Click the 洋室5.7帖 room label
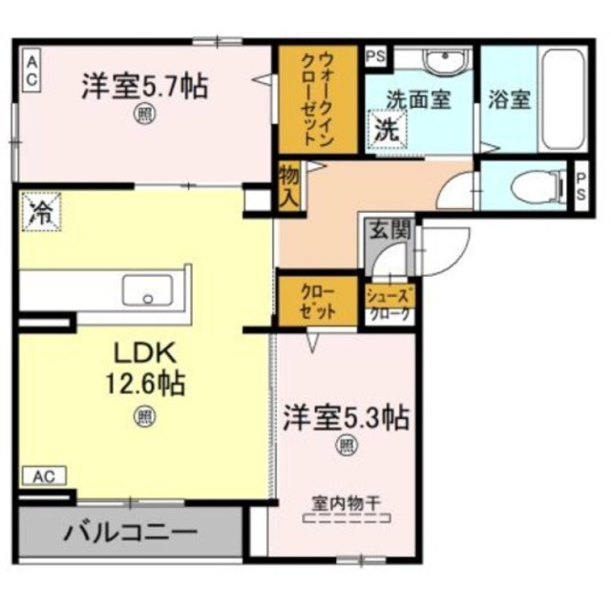pos(144,86)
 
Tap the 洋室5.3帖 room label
pos(345,417)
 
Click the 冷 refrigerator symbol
pos(40,212)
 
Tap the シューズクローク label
pos(389,304)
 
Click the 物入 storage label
pos(289,185)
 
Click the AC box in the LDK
pos(45,474)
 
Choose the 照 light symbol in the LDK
pos(144,415)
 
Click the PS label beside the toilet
pos(580,184)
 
